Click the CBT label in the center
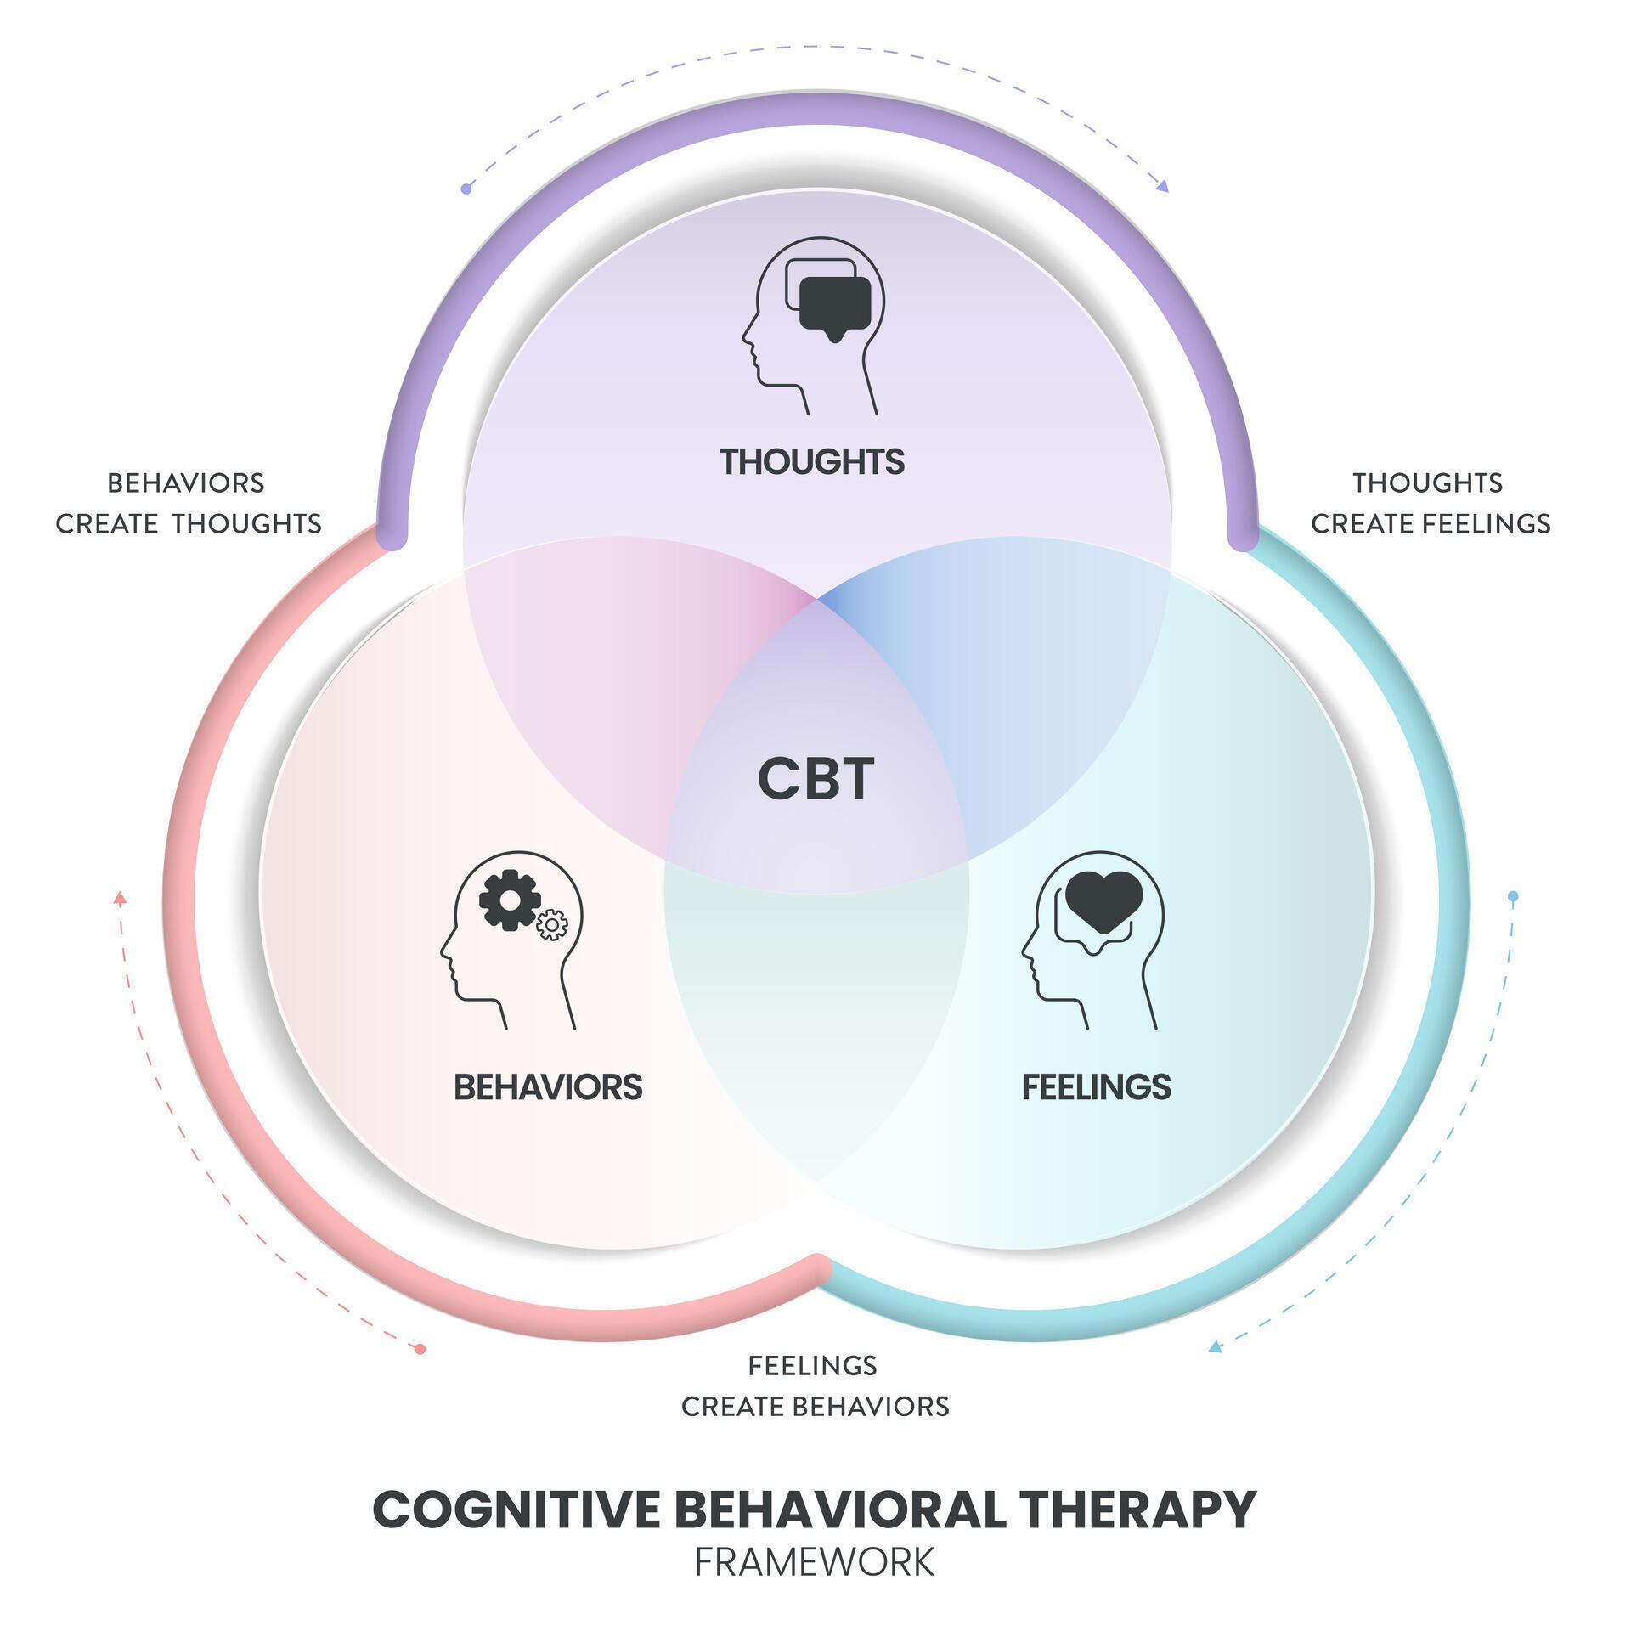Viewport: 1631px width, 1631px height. click(x=815, y=779)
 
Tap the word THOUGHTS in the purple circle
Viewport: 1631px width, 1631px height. click(x=812, y=462)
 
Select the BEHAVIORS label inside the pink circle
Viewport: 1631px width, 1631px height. click(x=548, y=1086)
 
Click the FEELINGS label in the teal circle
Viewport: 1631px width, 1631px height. click(x=1096, y=1086)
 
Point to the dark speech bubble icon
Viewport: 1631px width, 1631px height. click(x=836, y=304)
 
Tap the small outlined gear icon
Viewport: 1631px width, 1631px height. click(x=552, y=924)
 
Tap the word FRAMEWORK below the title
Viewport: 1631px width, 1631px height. click(x=815, y=1561)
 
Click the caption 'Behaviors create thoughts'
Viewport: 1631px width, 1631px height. click(x=188, y=503)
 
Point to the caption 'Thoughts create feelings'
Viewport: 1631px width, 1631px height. click(x=1431, y=503)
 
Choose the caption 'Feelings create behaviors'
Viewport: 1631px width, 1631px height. click(x=815, y=1386)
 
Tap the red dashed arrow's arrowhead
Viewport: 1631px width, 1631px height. click(x=120, y=896)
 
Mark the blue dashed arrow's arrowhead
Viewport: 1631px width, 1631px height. click(x=1216, y=1346)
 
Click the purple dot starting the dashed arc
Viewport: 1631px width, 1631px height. click(x=466, y=189)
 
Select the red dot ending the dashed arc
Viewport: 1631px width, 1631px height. click(x=420, y=1348)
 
